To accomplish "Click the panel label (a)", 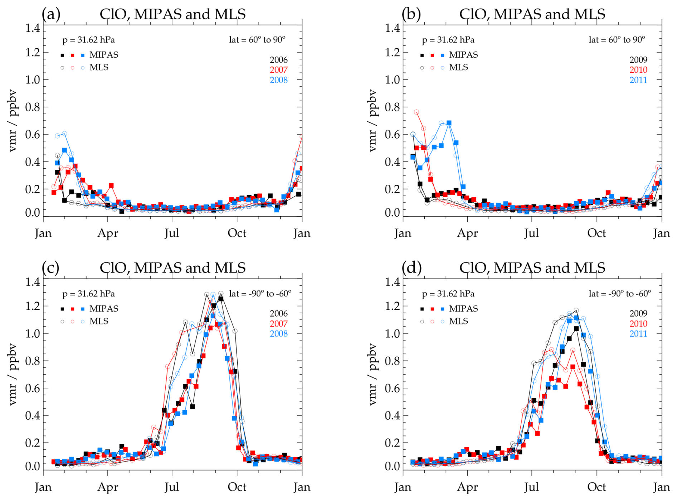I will point(51,14).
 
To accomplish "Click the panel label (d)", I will point(411,268).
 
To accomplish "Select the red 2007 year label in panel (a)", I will point(278,70).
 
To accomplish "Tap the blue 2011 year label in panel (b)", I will point(638,80).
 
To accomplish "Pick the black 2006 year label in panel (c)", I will point(278,313).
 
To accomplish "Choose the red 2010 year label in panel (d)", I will point(638,323).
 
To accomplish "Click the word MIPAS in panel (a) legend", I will point(104,55).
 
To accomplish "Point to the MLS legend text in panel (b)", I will point(458,67).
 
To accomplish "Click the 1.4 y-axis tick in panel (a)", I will point(33,28).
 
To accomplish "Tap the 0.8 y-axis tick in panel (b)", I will point(392,107).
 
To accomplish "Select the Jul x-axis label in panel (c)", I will point(172,487).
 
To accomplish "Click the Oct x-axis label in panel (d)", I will point(596,487).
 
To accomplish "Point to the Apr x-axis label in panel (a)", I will point(108,233).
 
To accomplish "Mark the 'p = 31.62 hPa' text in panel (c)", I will point(88,294).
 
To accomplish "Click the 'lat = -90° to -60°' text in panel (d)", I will point(620,294).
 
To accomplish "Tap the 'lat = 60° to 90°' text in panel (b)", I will point(617,40).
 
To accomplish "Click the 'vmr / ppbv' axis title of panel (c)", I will point(13,374).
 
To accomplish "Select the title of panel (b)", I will point(532,14).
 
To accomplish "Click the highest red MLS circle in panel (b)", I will point(417,112).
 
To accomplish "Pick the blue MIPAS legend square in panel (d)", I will point(443,309).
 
